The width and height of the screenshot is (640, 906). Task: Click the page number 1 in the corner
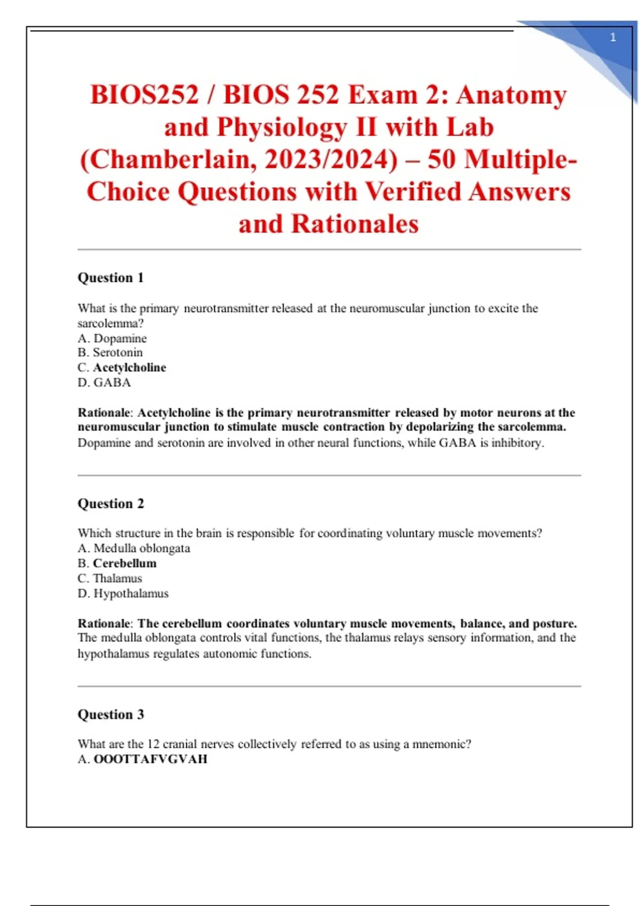coord(613,37)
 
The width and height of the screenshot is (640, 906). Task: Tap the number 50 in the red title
coord(441,159)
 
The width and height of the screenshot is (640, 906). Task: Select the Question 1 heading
coord(110,278)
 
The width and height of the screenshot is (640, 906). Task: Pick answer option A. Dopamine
coord(112,338)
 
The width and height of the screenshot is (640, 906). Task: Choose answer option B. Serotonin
coord(110,353)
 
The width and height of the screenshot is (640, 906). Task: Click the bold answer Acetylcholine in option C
coord(130,368)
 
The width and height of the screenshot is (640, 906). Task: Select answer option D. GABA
coord(104,383)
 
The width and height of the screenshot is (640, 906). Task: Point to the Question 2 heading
coord(110,504)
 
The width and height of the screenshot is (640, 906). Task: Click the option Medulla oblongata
coord(141,548)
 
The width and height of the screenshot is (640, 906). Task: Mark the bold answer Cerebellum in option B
coord(125,563)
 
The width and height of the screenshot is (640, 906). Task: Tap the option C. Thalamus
coord(110,578)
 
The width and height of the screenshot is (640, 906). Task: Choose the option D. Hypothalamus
coord(123,594)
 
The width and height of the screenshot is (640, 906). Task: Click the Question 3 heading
coord(110,715)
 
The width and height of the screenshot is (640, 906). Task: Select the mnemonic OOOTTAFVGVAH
coord(150,759)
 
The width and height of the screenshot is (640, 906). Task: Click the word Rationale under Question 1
coord(105,413)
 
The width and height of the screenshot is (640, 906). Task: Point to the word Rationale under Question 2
coord(105,624)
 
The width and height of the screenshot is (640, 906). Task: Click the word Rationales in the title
coord(355,224)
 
